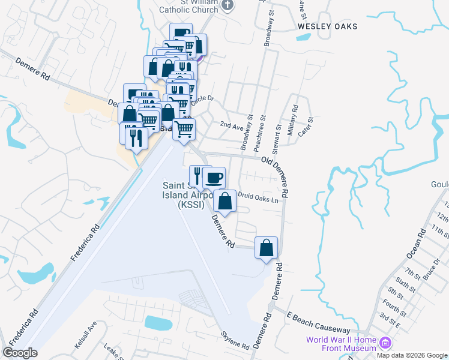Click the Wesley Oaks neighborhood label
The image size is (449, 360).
click(327, 26)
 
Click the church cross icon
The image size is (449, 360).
click(228, 5)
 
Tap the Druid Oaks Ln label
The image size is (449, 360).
click(259, 196)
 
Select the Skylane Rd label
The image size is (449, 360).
click(235, 341)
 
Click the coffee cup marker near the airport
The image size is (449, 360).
click(214, 178)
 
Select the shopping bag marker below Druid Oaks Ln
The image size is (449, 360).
click(224, 202)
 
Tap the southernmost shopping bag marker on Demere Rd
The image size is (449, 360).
click(266, 248)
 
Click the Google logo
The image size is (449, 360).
click(20, 352)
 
